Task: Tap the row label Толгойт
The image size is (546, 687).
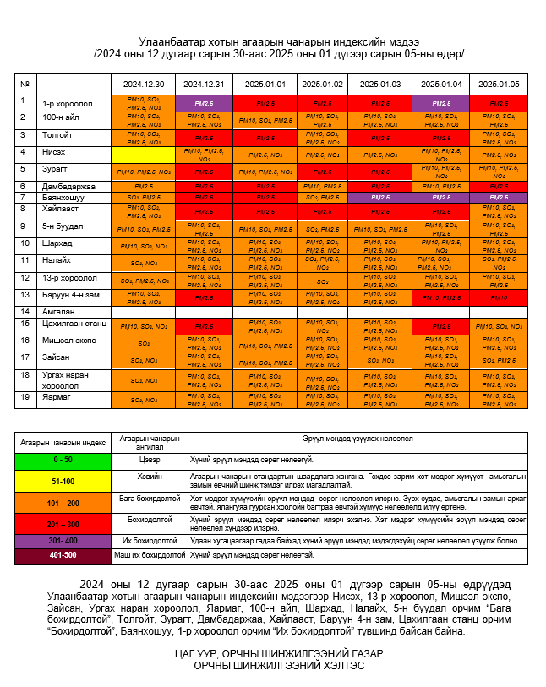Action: (57, 136)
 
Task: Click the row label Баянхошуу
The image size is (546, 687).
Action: (63, 197)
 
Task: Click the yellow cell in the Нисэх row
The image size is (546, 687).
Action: (143, 154)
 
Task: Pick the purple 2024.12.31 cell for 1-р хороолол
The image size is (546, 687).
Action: (204, 102)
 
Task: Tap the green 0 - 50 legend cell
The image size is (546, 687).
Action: (63, 461)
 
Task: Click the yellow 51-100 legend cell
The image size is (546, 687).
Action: (63, 481)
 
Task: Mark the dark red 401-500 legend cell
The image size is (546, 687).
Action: (63, 555)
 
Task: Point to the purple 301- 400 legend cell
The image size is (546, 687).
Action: (63, 540)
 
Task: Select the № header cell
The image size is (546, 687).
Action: (25, 85)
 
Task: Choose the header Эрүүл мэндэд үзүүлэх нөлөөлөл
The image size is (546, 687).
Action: (358, 440)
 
